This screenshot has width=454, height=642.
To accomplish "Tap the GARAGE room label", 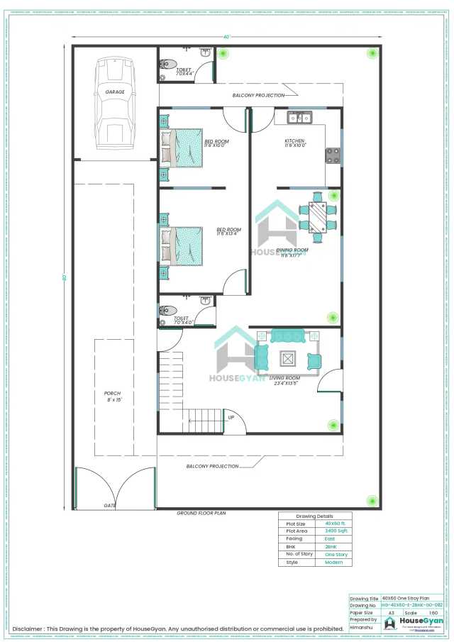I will point(115,92).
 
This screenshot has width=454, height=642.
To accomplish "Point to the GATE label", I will point(110,506).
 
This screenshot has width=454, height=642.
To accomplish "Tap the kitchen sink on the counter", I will point(297,117).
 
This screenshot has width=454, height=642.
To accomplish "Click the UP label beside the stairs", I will point(231,417).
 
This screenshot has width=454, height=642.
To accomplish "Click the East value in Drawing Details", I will point(331,538).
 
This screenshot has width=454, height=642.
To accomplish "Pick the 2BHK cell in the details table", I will point(331,546).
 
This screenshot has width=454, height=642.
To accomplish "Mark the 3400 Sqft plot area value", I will point(336,531).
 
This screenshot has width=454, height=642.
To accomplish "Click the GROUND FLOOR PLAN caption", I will point(201,512).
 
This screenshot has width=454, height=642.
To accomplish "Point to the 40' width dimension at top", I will point(227,37).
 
